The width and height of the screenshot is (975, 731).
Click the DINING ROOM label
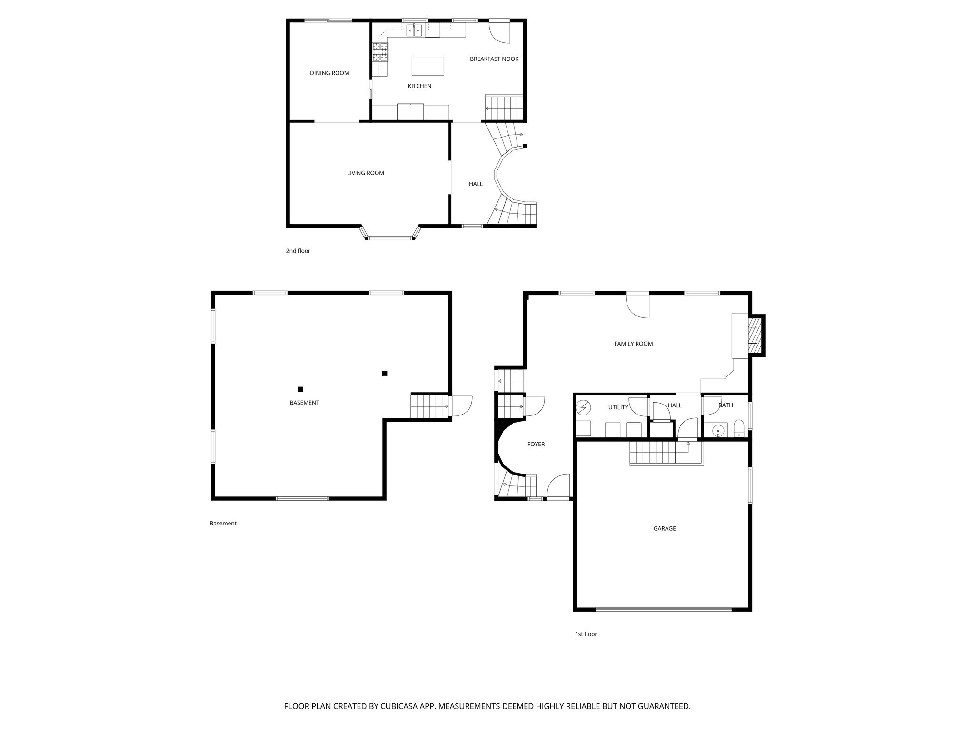click(x=329, y=73)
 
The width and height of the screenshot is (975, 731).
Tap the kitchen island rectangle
click(x=428, y=66)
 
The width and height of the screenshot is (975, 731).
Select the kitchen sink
click(x=414, y=31)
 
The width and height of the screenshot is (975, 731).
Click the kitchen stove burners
click(x=380, y=52)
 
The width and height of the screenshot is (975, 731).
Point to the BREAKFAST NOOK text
click(x=494, y=59)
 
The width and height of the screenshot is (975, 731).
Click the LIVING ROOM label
click(x=365, y=173)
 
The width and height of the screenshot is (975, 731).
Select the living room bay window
click(x=390, y=237)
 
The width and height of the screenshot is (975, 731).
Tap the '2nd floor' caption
click(x=298, y=251)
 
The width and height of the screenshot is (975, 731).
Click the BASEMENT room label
click(x=304, y=403)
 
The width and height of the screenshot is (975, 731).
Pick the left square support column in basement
click(x=300, y=389)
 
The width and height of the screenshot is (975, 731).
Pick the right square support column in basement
click(x=384, y=373)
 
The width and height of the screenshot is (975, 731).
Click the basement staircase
click(x=429, y=406)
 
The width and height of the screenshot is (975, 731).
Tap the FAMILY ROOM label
click(x=633, y=344)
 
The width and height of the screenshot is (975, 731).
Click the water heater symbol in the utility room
click(x=583, y=408)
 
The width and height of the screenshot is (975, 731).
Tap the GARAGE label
click(x=664, y=528)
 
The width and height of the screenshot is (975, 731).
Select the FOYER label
click(x=536, y=444)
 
